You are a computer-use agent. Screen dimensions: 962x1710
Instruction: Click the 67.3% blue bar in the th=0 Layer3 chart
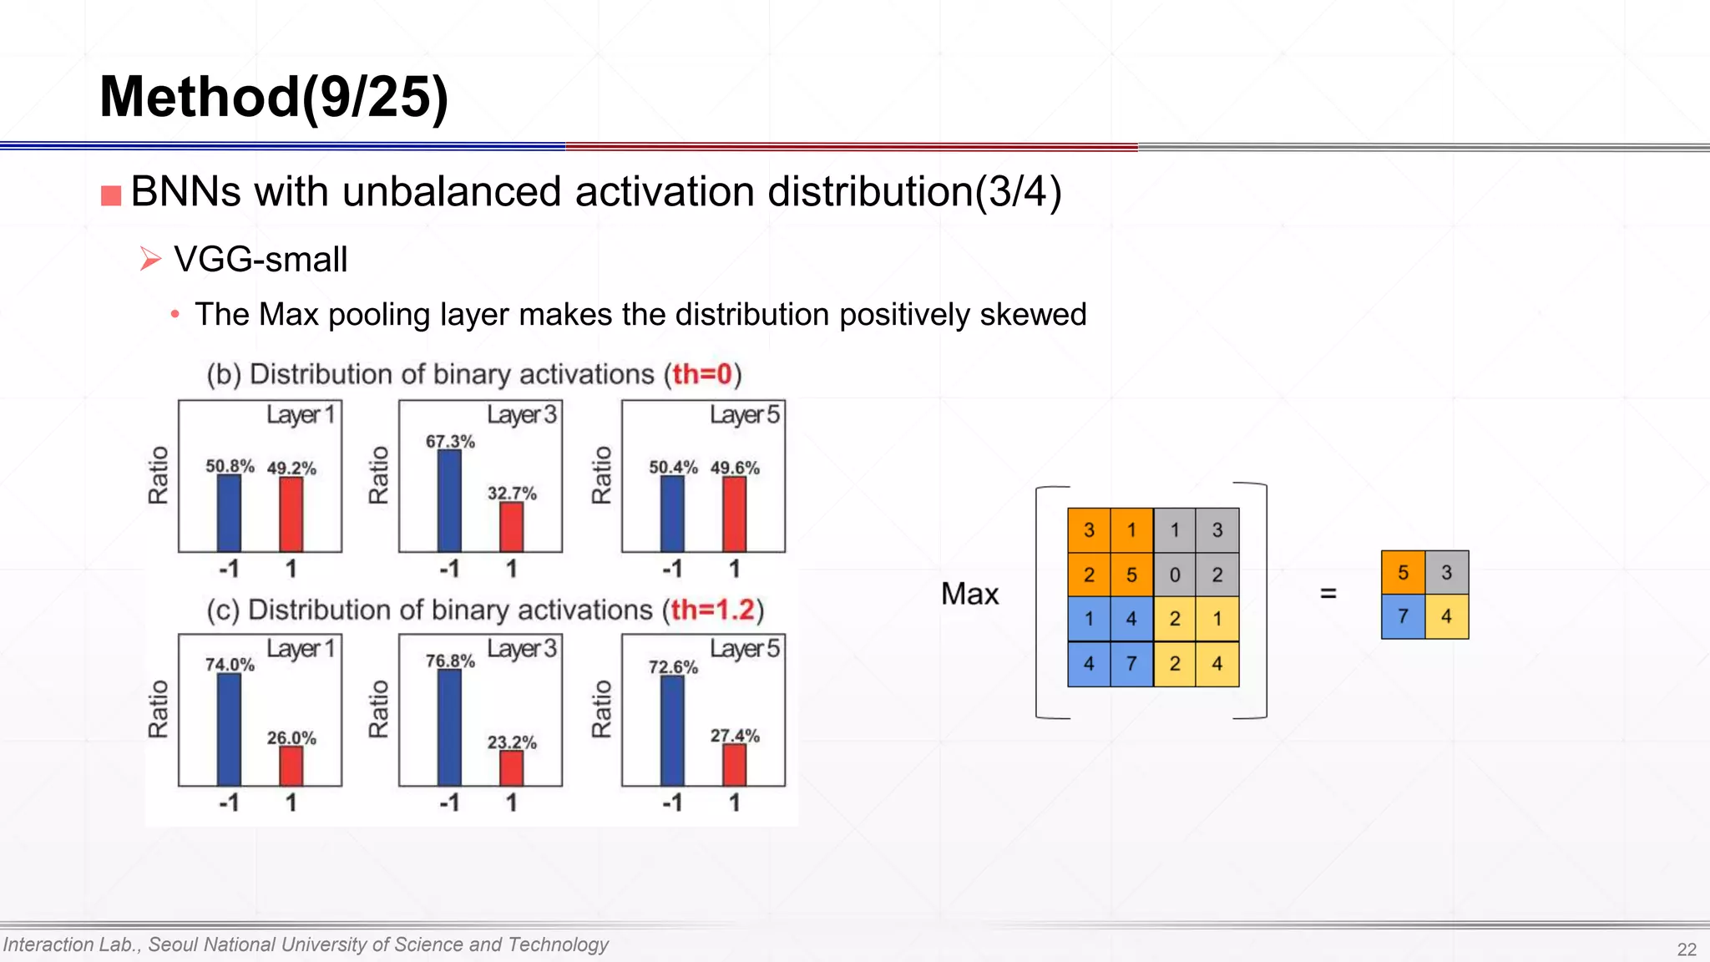449,501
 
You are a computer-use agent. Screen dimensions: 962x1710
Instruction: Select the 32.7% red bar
511,527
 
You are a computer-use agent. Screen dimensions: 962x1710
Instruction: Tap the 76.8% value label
450,661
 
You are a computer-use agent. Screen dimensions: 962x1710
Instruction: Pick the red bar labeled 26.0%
291,766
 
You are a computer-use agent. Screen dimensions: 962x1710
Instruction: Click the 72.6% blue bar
672,731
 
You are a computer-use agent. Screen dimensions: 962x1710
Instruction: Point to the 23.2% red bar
511,768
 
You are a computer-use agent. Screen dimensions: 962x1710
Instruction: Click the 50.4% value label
673,467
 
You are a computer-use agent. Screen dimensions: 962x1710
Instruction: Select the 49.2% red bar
291,514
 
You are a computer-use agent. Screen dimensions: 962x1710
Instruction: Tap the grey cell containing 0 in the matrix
1175,575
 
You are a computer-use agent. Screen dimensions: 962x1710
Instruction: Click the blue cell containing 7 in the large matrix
1131,664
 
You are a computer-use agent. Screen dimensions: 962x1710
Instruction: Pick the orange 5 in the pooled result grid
1403,573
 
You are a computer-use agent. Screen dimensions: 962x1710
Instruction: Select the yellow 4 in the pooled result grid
1446,617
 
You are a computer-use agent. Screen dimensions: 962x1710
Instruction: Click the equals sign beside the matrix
1328,594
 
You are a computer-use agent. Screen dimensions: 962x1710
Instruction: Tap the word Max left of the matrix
969,594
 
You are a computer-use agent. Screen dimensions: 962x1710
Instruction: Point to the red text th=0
702,374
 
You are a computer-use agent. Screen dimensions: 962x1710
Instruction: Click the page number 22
1687,949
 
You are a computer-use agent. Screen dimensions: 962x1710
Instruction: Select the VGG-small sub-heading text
261,260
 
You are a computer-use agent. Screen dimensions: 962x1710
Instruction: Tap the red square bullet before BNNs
111,195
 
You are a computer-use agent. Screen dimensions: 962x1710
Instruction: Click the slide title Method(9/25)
274,97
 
